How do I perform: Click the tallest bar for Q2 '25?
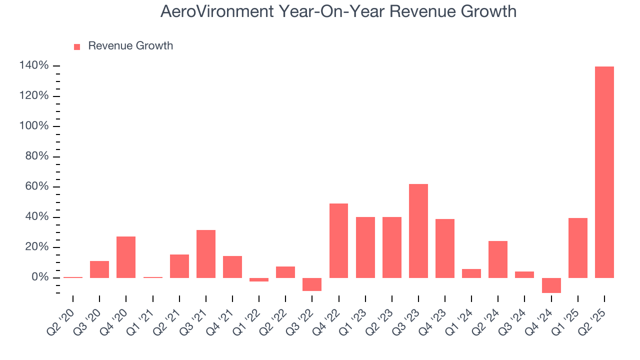[604, 172]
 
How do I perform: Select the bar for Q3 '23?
[418, 231]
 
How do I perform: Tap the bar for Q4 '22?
[338, 240]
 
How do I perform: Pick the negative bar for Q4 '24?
[551, 285]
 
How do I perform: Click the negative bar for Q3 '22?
[312, 284]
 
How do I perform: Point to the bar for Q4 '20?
[126, 257]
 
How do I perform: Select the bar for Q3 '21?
[205, 253]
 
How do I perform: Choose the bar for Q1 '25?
[578, 247]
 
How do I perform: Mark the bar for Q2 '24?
[498, 259]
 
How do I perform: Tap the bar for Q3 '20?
[99, 269]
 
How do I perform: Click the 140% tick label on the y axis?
[34, 65]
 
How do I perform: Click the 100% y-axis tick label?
[34, 126]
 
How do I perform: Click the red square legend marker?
[77, 47]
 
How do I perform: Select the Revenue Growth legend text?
[130, 46]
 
